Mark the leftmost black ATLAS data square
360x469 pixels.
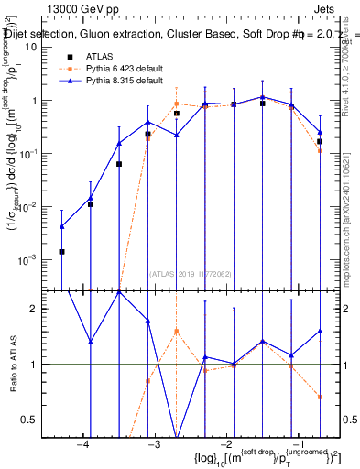click(x=61, y=251)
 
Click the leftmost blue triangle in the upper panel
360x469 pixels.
click(x=61, y=226)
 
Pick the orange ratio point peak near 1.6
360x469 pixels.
click(x=177, y=331)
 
